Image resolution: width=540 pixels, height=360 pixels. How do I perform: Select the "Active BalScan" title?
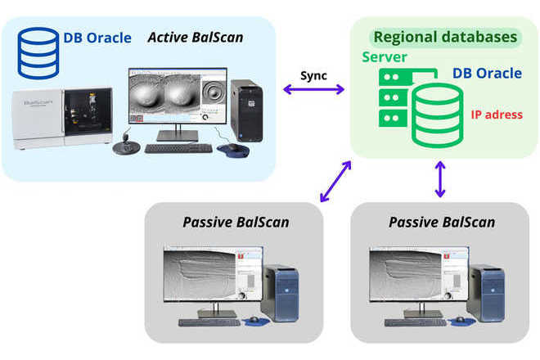[196, 37]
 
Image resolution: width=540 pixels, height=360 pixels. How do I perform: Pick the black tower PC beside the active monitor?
[245, 110]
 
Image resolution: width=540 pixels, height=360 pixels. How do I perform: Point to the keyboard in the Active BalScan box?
[178, 149]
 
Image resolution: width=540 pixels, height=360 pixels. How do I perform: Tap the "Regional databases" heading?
[445, 38]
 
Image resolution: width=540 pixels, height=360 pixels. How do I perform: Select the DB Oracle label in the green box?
[487, 74]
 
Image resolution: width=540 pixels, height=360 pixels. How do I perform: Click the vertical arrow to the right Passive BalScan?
[440, 179]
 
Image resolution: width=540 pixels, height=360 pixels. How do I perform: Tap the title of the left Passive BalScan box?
[236, 223]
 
